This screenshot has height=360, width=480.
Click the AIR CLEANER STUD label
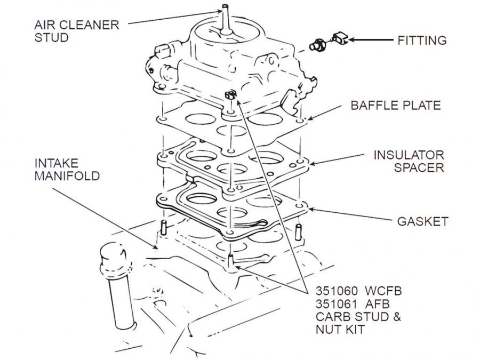[x=76, y=31]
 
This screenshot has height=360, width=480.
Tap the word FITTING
[x=422, y=41]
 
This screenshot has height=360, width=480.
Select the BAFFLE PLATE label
[x=396, y=105]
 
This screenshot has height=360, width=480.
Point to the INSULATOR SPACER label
[x=409, y=161]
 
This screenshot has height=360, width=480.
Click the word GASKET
[x=422, y=221]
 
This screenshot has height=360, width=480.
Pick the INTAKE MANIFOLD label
[x=67, y=170]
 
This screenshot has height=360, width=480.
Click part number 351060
[x=337, y=291]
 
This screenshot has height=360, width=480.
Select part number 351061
[x=336, y=304]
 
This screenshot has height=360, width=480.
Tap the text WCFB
[x=382, y=291]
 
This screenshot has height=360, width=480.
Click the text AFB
[x=377, y=304]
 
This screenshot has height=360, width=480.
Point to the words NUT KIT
[x=340, y=330]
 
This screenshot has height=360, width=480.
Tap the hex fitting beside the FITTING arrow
[x=317, y=45]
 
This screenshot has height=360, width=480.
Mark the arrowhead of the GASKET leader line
[x=311, y=210]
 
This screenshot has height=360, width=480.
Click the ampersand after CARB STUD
[x=397, y=316]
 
